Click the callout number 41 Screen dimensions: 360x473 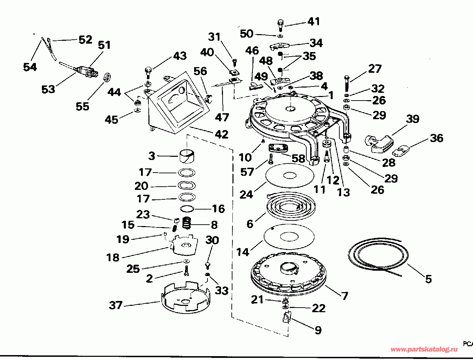(314, 21)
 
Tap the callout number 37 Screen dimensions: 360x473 (116, 305)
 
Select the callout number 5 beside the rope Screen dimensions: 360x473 (428, 279)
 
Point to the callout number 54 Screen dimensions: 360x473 (30, 66)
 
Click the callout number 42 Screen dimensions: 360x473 (222, 134)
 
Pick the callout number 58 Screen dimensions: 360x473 (298, 158)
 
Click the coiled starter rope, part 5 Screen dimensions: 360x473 (378, 255)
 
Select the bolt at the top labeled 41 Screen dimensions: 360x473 (280, 25)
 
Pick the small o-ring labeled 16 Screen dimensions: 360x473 (187, 209)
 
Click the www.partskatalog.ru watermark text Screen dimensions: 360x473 (424, 349)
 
